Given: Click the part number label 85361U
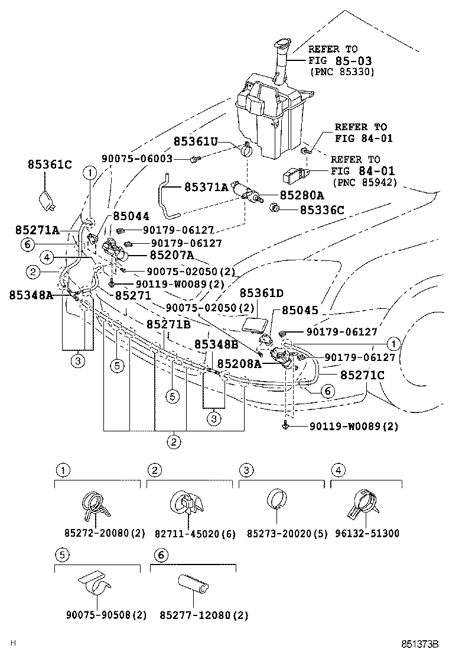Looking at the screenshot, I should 196,141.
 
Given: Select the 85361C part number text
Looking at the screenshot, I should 49,164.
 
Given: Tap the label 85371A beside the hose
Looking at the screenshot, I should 206,188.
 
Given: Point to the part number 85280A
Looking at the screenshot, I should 301,195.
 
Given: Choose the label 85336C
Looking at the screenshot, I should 321,209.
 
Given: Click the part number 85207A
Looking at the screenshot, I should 171,255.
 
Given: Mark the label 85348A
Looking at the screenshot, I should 31,294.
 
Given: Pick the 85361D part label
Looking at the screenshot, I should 261,293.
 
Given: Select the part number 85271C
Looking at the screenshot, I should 362,375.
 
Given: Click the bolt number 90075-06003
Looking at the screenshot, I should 136,159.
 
